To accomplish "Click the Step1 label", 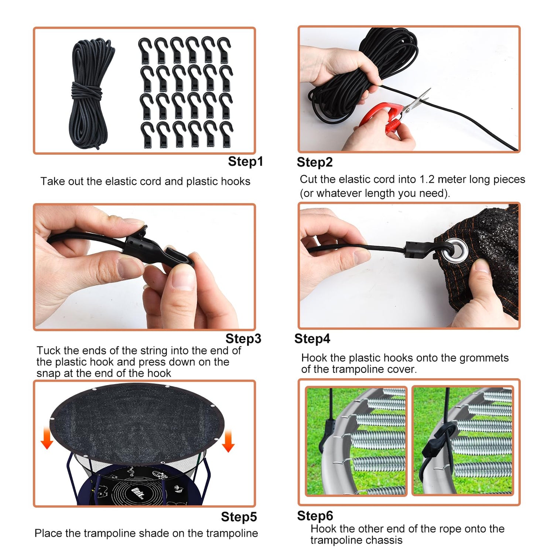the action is tap(245, 161).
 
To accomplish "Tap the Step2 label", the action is tap(315, 162).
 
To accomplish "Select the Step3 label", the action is tap(243, 339).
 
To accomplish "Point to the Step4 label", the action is tap(312, 339).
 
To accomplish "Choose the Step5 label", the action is tap(239, 517).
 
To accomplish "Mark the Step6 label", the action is tap(315, 516).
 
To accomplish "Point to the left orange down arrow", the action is tap(47, 438).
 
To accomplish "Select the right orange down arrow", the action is tap(228, 441).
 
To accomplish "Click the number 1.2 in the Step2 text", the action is tap(428, 179).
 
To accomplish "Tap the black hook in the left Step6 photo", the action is tap(328, 434).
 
